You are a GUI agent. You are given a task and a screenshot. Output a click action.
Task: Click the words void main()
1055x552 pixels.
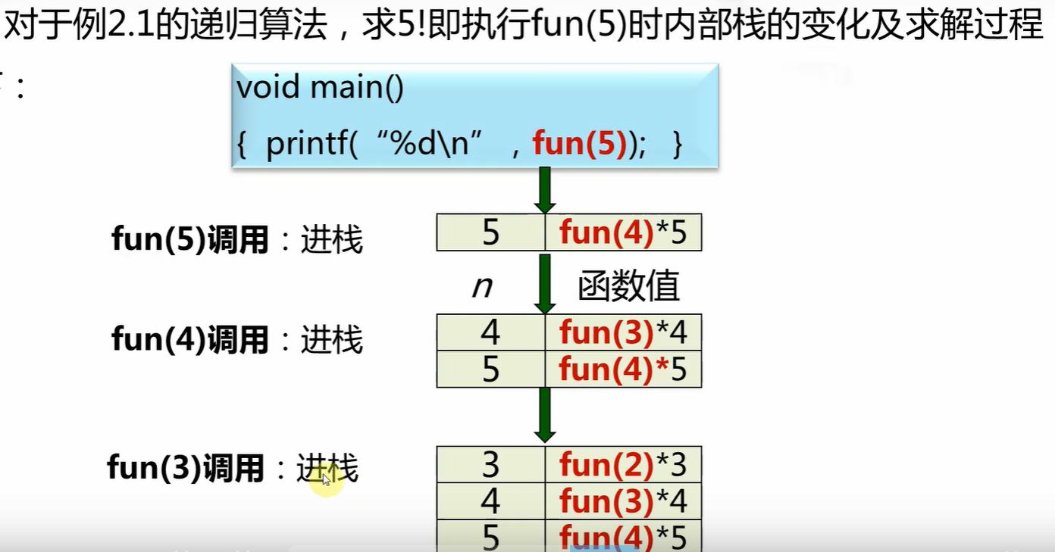coord(320,88)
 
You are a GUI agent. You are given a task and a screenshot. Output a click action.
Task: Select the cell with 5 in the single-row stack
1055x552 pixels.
coord(490,232)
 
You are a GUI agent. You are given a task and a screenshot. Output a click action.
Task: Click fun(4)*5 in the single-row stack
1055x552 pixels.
coord(623,232)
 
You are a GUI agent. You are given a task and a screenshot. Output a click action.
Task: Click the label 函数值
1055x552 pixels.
coord(629,286)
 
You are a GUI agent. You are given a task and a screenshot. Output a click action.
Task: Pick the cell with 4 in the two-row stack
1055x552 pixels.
coord(490,332)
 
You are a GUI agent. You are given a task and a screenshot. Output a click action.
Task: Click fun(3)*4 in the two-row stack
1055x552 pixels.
coord(623,332)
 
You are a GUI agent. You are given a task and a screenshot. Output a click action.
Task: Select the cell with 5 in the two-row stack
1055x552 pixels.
coord(490,369)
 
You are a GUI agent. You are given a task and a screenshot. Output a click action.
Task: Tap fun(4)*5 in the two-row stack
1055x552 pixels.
coord(623,369)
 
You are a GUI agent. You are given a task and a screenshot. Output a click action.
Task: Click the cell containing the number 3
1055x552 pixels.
coord(490,464)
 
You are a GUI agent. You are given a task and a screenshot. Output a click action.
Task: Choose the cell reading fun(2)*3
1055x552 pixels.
coord(623,464)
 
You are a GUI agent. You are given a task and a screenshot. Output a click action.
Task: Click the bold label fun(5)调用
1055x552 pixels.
coord(189,240)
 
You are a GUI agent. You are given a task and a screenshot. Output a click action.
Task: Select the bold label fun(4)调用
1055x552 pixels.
coord(189,339)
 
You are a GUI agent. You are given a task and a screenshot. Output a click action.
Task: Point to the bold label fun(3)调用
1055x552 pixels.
coord(186,468)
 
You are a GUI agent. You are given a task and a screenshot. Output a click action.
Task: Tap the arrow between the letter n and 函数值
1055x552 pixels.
coord(544,283)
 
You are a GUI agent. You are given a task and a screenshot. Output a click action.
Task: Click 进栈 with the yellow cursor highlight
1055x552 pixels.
coord(327,469)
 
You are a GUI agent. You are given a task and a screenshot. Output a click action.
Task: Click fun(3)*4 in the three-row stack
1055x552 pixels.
coord(623,501)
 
